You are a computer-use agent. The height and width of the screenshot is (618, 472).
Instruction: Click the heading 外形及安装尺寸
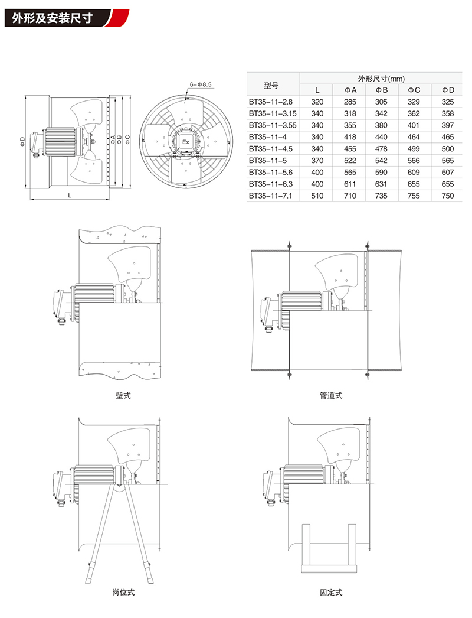click(52, 18)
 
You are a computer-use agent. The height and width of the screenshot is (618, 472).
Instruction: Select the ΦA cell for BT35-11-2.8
click(350, 102)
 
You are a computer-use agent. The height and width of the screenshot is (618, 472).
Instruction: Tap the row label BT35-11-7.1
click(270, 196)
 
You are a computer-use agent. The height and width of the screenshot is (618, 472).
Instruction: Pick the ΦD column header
click(448, 90)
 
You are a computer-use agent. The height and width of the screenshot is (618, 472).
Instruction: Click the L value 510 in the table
click(317, 196)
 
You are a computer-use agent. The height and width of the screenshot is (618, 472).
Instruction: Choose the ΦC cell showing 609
click(414, 173)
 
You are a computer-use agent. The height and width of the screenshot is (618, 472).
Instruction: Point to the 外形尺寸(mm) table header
click(381, 79)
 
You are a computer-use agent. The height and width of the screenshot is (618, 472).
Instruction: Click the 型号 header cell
click(271, 85)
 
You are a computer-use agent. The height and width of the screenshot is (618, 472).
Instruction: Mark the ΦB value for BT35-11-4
click(381, 137)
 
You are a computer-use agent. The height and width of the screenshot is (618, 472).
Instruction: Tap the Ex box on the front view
click(186, 142)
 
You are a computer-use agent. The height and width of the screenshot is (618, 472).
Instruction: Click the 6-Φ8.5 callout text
click(201, 84)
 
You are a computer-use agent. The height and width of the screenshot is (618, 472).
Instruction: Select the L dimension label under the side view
click(70, 195)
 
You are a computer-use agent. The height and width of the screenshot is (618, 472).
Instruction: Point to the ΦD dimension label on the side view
click(22, 141)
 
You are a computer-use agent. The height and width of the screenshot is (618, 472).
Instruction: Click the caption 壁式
click(123, 395)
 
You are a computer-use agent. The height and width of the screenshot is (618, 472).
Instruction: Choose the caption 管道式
click(330, 395)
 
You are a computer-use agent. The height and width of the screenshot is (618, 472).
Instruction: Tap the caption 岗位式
click(123, 592)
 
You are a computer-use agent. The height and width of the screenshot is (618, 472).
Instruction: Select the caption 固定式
click(330, 592)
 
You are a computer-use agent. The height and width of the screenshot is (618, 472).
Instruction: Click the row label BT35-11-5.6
click(270, 173)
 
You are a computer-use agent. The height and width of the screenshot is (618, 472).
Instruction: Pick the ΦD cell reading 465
click(448, 137)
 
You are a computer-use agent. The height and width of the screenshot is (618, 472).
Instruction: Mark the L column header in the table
click(317, 90)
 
